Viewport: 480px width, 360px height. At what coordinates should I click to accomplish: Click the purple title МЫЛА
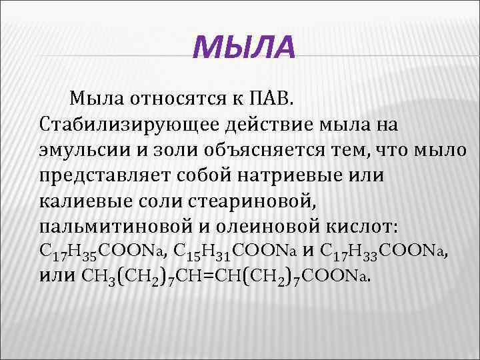pyautogui.click(x=242, y=48)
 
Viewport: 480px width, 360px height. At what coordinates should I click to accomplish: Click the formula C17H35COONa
pyautogui.click(x=103, y=251)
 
